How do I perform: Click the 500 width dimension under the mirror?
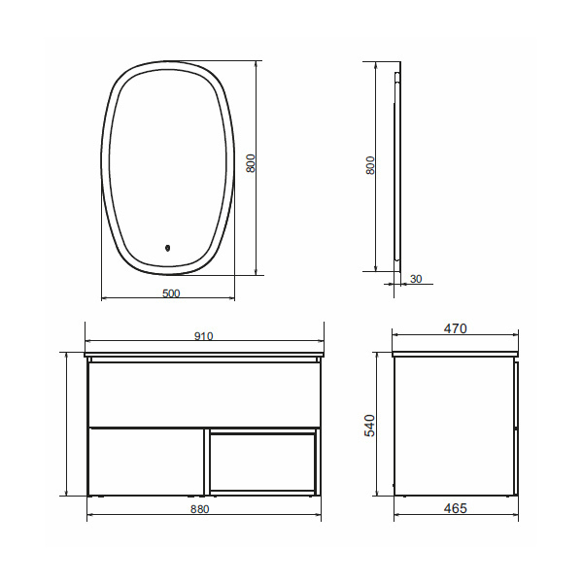171,293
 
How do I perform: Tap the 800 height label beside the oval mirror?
251,163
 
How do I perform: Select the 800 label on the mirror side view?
370,165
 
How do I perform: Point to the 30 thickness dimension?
416,279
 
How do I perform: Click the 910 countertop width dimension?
204,336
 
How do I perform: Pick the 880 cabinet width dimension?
200,508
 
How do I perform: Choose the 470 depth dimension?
456,328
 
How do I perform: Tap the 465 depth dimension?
456,508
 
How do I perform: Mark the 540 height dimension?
370,426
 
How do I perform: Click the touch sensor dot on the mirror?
167,247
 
